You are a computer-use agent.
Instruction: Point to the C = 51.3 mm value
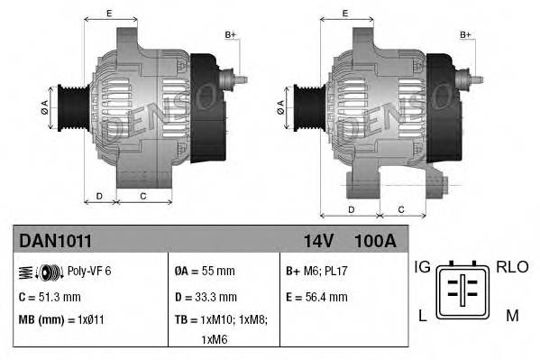coord(50,296)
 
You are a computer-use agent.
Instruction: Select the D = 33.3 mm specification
coord(206,296)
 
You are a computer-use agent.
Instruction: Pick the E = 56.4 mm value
coord(316,296)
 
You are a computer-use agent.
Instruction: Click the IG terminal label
coord(422,268)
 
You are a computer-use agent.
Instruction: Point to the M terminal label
coord(511,314)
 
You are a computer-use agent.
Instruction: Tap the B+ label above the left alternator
coord(230,34)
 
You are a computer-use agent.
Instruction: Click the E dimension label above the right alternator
coord(345,13)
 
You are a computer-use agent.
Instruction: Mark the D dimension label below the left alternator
coord(99,195)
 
